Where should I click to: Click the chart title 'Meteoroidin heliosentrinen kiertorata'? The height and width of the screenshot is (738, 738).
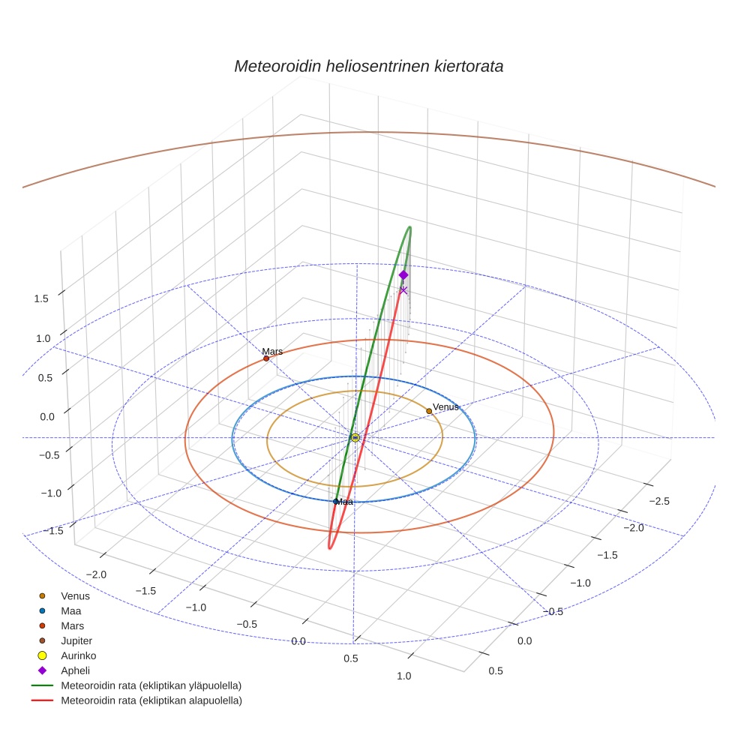point(368,66)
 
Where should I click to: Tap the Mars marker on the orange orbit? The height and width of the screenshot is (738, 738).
point(266,358)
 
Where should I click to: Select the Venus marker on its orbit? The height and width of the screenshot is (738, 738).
point(429,411)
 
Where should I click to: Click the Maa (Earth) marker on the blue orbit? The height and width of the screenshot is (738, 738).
point(335,501)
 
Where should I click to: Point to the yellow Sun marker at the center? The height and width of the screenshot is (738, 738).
point(355,437)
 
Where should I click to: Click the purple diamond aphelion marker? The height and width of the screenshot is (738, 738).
point(403,275)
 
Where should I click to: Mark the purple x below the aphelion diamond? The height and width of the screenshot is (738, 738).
point(403,290)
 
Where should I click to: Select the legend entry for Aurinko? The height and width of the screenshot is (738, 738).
point(78,655)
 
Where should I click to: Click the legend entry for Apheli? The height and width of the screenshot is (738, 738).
point(75,670)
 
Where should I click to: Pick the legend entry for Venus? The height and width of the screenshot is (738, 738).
point(75,596)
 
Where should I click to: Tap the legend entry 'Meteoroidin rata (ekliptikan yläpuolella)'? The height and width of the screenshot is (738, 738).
point(151,685)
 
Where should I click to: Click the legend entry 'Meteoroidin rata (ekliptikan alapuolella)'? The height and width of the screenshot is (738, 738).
point(151,700)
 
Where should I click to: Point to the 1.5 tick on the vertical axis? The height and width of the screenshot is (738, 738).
point(42,298)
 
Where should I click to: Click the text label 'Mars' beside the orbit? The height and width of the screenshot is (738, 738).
point(272,351)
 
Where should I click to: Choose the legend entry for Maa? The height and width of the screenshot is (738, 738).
point(70,610)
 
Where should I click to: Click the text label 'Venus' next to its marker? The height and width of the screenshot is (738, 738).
point(445,406)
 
